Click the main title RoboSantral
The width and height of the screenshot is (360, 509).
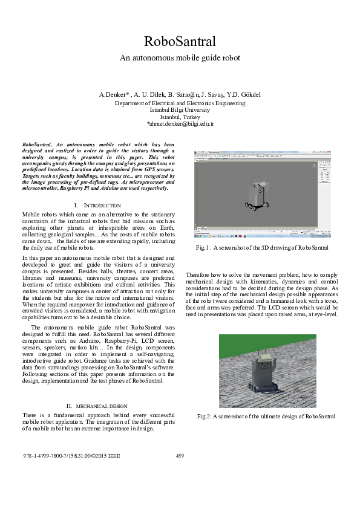pos(180,41)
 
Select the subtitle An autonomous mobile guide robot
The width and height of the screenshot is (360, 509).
pos(180,58)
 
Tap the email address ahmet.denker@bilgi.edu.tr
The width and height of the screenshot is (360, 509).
pos(180,123)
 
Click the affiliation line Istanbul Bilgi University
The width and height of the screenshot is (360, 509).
pos(180,110)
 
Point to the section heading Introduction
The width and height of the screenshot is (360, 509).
pos(99,206)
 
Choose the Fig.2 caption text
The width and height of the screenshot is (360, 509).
pos(266,417)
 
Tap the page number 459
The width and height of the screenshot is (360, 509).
pos(180,455)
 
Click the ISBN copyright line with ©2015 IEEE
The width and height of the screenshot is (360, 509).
pos(68,455)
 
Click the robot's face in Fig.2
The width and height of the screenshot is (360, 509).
pos(264,367)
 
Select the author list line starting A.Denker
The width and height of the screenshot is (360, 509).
pos(180,96)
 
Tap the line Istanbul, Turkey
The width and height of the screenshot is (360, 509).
pos(180,117)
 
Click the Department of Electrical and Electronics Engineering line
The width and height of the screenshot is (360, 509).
pos(180,103)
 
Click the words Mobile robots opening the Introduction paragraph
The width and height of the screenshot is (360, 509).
pos(39,215)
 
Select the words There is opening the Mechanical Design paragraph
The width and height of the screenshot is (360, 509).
pos(33,415)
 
